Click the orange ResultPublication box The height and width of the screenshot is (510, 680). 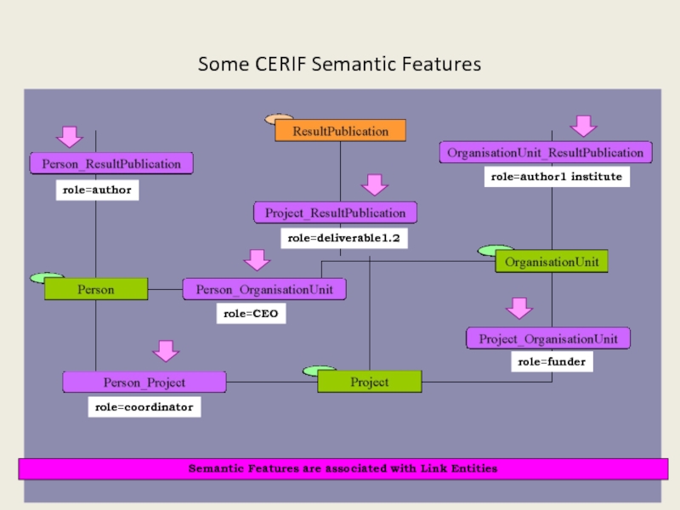pyautogui.click(x=340, y=131)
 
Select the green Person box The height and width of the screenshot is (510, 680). pyautogui.click(x=96, y=289)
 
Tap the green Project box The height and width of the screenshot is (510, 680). pyautogui.click(x=370, y=382)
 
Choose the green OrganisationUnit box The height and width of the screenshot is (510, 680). pyautogui.click(x=552, y=262)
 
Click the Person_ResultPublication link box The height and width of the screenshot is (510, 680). pyautogui.click(x=111, y=163)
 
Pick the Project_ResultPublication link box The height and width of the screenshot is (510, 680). pyautogui.click(x=335, y=212)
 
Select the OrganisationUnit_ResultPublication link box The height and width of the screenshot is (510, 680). pyautogui.click(x=546, y=153)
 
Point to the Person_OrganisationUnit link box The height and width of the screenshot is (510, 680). pyautogui.click(x=264, y=289)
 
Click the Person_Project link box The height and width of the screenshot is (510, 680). pyautogui.click(x=144, y=382)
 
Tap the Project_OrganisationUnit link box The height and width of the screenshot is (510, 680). pyautogui.click(x=548, y=338)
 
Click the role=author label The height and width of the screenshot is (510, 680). pyautogui.click(x=97, y=190)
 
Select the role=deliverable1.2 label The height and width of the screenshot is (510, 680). pyautogui.click(x=343, y=239)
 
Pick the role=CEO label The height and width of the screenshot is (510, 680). pyautogui.click(x=251, y=314)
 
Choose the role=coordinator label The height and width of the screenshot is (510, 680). pyautogui.click(x=144, y=408)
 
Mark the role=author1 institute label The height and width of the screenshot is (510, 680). pyautogui.click(x=557, y=177)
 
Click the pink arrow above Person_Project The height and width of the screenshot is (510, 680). pyautogui.click(x=166, y=350)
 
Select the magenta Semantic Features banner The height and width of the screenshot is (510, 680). pyautogui.click(x=343, y=468)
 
